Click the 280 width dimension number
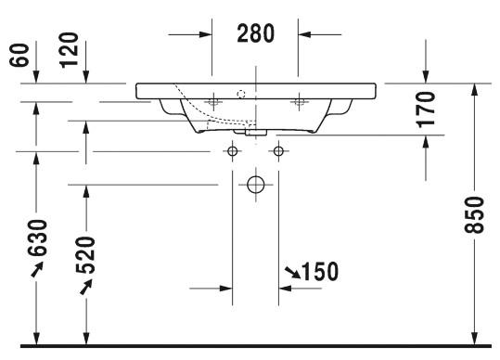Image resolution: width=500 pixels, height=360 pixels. (x=255, y=33)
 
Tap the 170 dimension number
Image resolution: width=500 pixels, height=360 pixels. (x=427, y=110)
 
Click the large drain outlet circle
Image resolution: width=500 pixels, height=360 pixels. (x=255, y=185)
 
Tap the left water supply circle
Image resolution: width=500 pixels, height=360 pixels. (x=232, y=151)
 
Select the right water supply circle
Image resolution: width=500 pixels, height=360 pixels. (x=277, y=151)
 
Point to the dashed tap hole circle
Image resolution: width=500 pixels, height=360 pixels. (x=241, y=93)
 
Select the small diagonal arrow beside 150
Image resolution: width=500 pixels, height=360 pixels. (x=292, y=271)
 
